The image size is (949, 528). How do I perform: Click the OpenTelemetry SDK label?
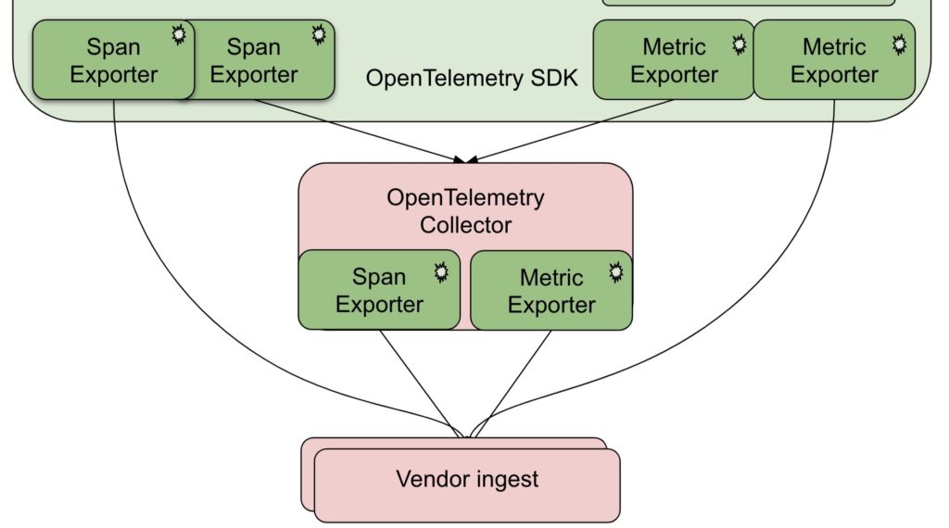[x=472, y=78]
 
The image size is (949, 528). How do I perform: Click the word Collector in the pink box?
[x=465, y=225]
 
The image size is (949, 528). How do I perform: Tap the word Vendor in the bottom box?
[x=432, y=479]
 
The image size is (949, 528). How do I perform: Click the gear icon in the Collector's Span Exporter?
[x=442, y=272]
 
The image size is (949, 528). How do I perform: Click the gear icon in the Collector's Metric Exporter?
[x=615, y=272]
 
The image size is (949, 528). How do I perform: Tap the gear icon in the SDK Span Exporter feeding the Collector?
[x=319, y=35]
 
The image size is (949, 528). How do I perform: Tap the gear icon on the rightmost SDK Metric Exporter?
[x=899, y=44]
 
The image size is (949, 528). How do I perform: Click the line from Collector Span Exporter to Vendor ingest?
[x=418, y=379]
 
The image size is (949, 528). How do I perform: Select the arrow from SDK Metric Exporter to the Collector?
[x=575, y=130]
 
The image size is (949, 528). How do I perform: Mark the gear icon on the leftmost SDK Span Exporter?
[x=178, y=35]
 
